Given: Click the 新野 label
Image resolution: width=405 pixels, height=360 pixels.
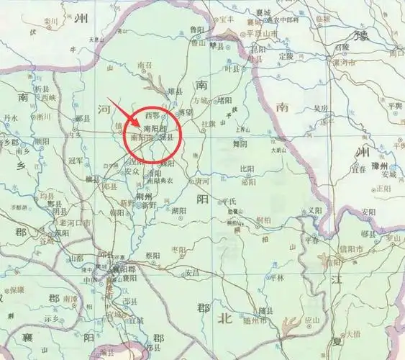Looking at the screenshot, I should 147,205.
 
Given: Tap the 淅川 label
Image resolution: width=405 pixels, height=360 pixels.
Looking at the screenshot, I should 43,116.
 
